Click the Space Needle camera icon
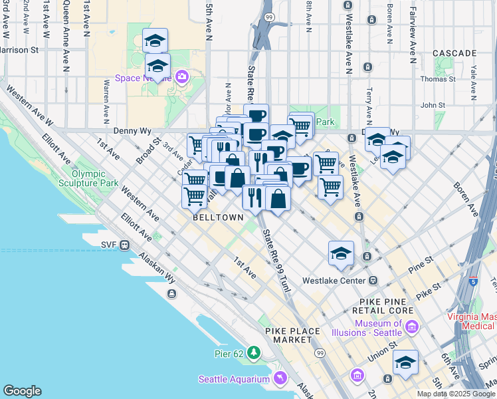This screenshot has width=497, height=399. pos(181,77)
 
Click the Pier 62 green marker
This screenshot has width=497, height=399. pos(254,352)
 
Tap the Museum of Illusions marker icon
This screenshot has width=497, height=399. pos(411,328)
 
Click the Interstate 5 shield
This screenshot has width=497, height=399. pos(473,281)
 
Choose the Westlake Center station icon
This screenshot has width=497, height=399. pos(373,280)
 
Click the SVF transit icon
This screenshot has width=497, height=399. pos(124,245)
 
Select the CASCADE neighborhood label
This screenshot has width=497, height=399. pos(454,53)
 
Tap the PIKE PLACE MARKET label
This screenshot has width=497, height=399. pos(292,335)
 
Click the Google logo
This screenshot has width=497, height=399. pos(22,391)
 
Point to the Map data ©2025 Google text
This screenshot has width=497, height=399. pos(456,394)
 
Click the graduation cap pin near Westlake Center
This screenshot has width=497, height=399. pos(341,253)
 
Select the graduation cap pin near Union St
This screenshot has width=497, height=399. pos(405,363)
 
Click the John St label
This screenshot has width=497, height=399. pos(433,104)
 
